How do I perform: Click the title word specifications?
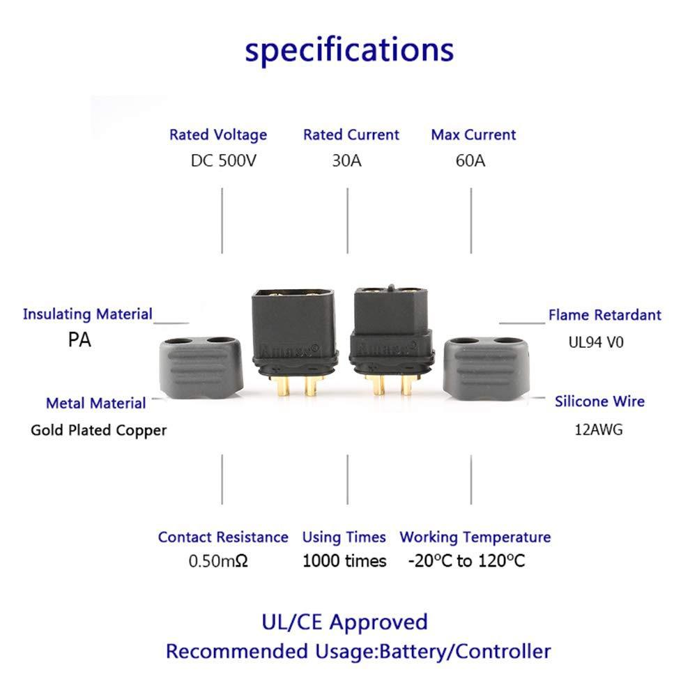click(348, 50)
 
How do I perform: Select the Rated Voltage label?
click(217, 135)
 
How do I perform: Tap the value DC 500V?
click(222, 161)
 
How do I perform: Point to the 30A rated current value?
click(346, 161)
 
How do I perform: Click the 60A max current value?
click(470, 161)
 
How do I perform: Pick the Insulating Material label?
click(87, 314)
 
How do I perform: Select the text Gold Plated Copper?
click(98, 430)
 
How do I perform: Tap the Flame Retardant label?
click(604, 315)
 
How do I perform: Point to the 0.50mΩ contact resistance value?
click(218, 561)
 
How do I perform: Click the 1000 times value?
click(344, 561)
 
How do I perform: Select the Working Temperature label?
click(475, 537)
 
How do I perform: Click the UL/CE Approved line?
click(344, 622)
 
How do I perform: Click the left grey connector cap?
click(202, 367)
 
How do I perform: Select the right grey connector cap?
click(490, 367)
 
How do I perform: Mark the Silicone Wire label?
click(599, 401)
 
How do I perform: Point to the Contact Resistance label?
click(222, 537)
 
